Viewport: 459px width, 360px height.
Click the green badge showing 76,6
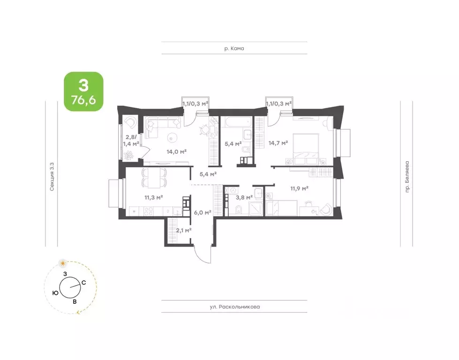click(x=84, y=91)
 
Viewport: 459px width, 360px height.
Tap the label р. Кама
click(x=234, y=48)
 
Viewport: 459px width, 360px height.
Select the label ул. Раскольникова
click(x=235, y=307)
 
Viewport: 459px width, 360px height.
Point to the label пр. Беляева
click(x=407, y=177)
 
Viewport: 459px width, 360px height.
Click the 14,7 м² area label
click(x=278, y=143)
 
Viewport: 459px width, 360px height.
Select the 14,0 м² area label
click(x=176, y=151)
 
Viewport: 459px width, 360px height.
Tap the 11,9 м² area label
click(x=299, y=188)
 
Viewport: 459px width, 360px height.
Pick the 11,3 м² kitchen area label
click(x=154, y=197)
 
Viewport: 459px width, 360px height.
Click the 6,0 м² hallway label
click(x=203, y=212)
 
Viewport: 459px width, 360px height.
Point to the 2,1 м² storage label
click(x=183, y=230)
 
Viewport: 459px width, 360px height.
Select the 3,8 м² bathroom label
click(x=244, y=197)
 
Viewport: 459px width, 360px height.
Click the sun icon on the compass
click(x=63, y=263)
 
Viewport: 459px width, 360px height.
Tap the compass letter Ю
click(x=55, y=292)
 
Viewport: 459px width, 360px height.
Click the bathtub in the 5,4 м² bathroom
click(x=236, y=122)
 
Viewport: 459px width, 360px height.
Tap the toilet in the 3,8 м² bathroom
click(x=239, y=209)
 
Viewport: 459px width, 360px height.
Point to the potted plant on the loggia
click(x=128, y=155)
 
